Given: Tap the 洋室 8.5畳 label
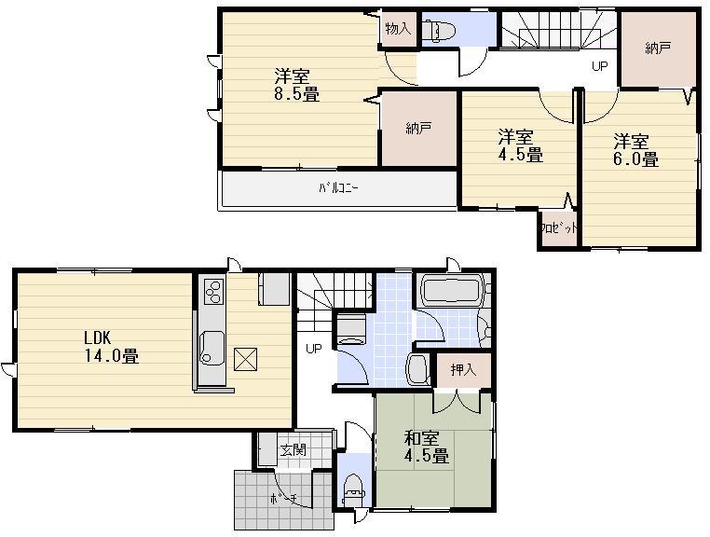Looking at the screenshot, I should [x=295, y=84].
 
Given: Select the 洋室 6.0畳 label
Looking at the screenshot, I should [x=635, y=150].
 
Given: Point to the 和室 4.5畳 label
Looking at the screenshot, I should [x=427, y=447].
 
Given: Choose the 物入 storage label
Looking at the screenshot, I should [x=398, y=29].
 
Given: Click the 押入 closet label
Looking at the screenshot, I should [x=463, y=370].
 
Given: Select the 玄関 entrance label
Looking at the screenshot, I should [x=293, y=450].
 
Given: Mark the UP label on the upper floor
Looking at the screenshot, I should [x=600, y=66].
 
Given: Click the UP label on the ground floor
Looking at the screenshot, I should [x=315, y=350].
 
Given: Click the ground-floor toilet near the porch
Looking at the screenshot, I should [x=354, y=488].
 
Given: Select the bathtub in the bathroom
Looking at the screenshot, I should [x=452, y=290].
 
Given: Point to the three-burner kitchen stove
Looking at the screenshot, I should [x=212, y=292].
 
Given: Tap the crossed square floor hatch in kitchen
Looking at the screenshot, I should [x=247, y=358].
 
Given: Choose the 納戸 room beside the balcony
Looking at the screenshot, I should [x=418, y=130].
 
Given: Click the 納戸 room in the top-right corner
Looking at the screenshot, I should [x=658, y=48].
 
